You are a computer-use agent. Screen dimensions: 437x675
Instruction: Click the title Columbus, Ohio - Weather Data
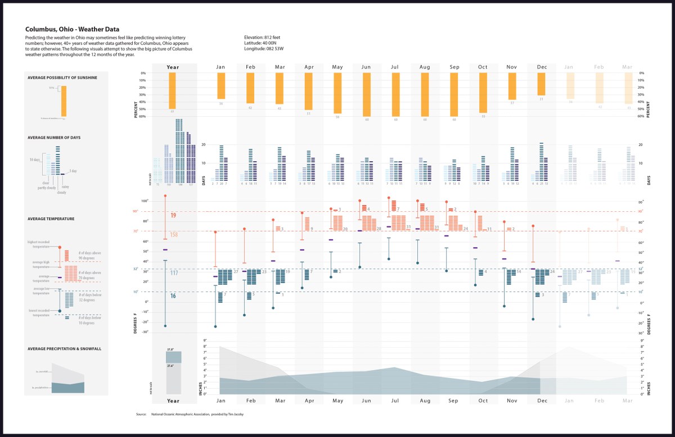click(72, 29)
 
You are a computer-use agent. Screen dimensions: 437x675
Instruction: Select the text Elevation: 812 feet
click(262, 37)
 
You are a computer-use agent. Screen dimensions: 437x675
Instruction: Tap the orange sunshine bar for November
click(512, 86)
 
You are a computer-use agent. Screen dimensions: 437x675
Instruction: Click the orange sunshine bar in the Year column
click(173, 90)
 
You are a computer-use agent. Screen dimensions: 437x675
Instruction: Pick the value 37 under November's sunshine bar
click(512, 103)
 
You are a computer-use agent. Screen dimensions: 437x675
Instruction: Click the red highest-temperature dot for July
click(389, 198)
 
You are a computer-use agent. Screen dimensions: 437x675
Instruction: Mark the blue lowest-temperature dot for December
click(533, 319)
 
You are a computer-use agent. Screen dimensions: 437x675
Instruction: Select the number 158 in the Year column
click(174, 234)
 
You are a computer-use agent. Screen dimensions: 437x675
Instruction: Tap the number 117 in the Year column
click(174, 273)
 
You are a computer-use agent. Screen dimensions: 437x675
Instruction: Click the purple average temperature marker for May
click(331, 240)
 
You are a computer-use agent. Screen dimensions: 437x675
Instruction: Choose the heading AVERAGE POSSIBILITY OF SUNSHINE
click(62, 77)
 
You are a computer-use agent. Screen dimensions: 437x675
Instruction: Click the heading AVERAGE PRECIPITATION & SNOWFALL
click(64, 349)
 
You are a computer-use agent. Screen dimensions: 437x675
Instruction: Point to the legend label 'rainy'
click(65, 186)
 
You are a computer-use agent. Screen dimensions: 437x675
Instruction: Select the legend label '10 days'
click(35, 160)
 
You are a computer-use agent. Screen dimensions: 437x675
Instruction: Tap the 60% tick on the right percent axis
click(642, 116)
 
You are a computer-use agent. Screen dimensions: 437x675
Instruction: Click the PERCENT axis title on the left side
click(136, 110)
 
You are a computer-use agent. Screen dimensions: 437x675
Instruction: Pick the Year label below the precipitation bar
click(173, 400)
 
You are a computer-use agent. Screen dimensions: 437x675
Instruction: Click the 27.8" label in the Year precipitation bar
click(170, 349)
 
